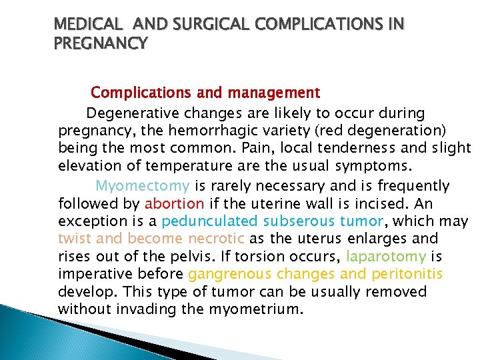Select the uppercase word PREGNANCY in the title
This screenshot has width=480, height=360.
(102, 44)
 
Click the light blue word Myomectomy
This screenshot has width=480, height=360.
(143, 185)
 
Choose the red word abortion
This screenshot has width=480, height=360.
(175, 203)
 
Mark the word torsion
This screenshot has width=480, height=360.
(271, 257)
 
